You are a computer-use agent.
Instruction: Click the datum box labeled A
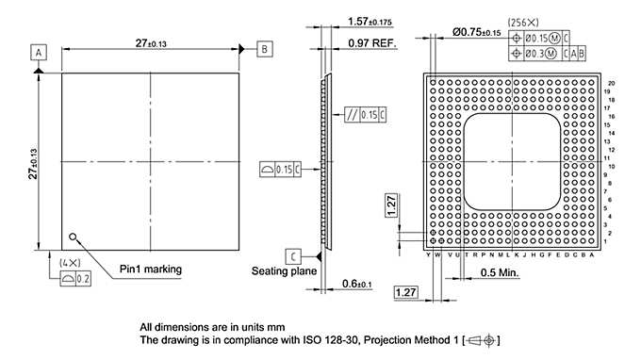[x=40, y=52]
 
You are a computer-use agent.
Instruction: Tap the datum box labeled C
[x=295, y=255]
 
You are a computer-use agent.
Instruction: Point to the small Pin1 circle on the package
[x=72, y=237]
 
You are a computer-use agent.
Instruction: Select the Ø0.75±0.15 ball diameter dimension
[x=477, y=32]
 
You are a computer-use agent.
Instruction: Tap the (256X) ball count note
[x=522, y=21]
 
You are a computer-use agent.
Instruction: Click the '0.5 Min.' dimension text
[x=501, y=273]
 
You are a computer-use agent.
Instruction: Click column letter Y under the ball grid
[x=428, y=254]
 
